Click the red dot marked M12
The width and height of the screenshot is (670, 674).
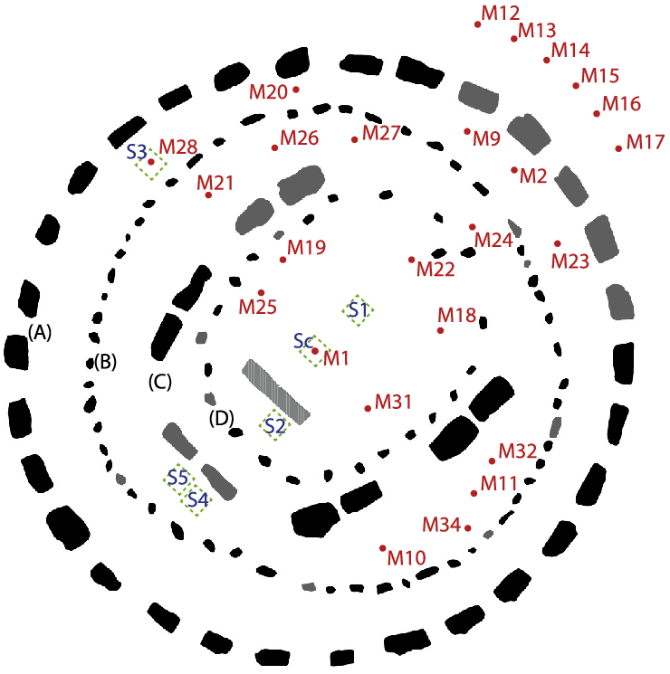coord(478,24)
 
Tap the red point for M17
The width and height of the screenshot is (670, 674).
coord(618,148)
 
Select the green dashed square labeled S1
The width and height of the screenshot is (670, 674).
coord(358,309)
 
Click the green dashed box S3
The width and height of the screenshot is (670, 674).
coord(151,163)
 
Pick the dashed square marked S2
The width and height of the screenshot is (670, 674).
coord(275,424)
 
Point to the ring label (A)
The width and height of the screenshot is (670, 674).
coord(39,332)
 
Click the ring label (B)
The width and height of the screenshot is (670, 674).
coord(105,363)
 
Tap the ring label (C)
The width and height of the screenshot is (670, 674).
coord(159,382)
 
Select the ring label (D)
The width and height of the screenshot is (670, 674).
coord(222,418)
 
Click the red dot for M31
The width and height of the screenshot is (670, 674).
coord(368,409)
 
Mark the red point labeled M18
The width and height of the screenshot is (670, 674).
coord(441,330)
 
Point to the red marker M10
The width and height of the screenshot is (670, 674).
coord(383,548)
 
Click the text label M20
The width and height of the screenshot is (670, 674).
coord(268,91)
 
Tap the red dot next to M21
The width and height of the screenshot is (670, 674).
coord(208,195)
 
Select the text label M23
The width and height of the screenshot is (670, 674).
coord(570,261)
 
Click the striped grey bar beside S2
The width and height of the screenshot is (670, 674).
coord(276,392)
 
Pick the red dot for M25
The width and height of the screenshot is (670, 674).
coord(262,292)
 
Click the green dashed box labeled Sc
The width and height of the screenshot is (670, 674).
coord(310,350)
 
